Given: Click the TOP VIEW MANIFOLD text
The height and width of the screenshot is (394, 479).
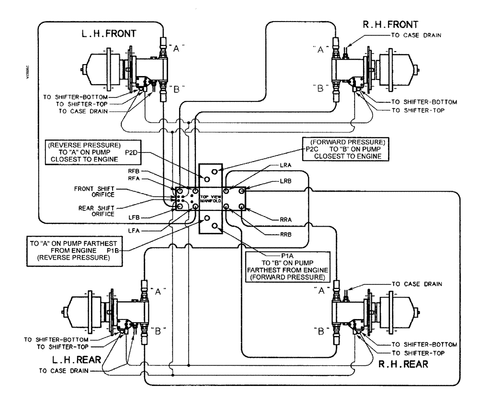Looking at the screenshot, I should tap(214, 199).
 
